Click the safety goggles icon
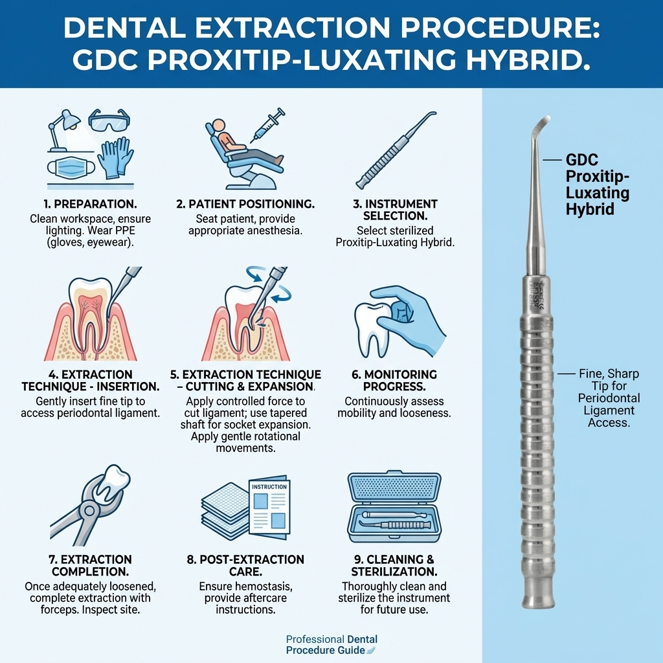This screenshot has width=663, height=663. click(109, 120)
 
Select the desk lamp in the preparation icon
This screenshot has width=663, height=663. click(63, 130)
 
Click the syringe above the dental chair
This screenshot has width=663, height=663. click(267, 125)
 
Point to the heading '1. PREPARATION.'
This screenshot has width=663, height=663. click(90, 204)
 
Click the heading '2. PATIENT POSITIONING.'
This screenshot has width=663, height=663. click(245, 204)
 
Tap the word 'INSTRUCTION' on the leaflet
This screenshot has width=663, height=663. click(269, 487)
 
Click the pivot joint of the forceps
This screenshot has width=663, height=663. click(89, 510)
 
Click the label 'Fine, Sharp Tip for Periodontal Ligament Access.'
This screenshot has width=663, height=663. click(609, 398)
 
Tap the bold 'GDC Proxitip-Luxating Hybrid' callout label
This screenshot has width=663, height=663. click(597, 185)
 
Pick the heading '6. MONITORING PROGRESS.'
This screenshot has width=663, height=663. click(394, 380)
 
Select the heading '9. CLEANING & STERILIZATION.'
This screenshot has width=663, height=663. click(394, 565)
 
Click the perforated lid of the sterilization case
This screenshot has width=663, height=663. click(394, 486)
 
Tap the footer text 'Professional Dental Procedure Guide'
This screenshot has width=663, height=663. click(331, 645)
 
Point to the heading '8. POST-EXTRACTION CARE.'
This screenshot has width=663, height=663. click(245, 565)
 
